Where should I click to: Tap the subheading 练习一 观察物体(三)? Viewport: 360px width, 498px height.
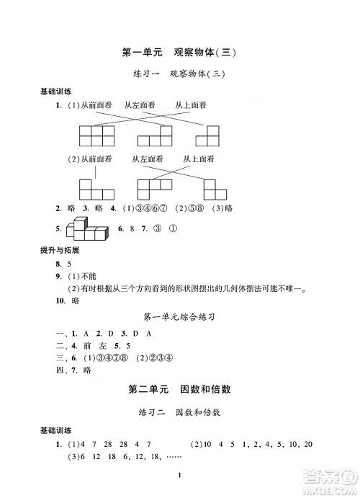click(x=180, y=74)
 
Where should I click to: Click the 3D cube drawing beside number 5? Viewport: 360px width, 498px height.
click(x=86, y=231)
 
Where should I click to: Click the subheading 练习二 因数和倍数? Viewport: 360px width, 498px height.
click(x=180, y=413)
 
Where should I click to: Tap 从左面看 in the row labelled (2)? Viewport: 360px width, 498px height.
click(x=148, y=159)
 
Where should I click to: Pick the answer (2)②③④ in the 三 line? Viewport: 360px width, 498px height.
click(x=156, y=359)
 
